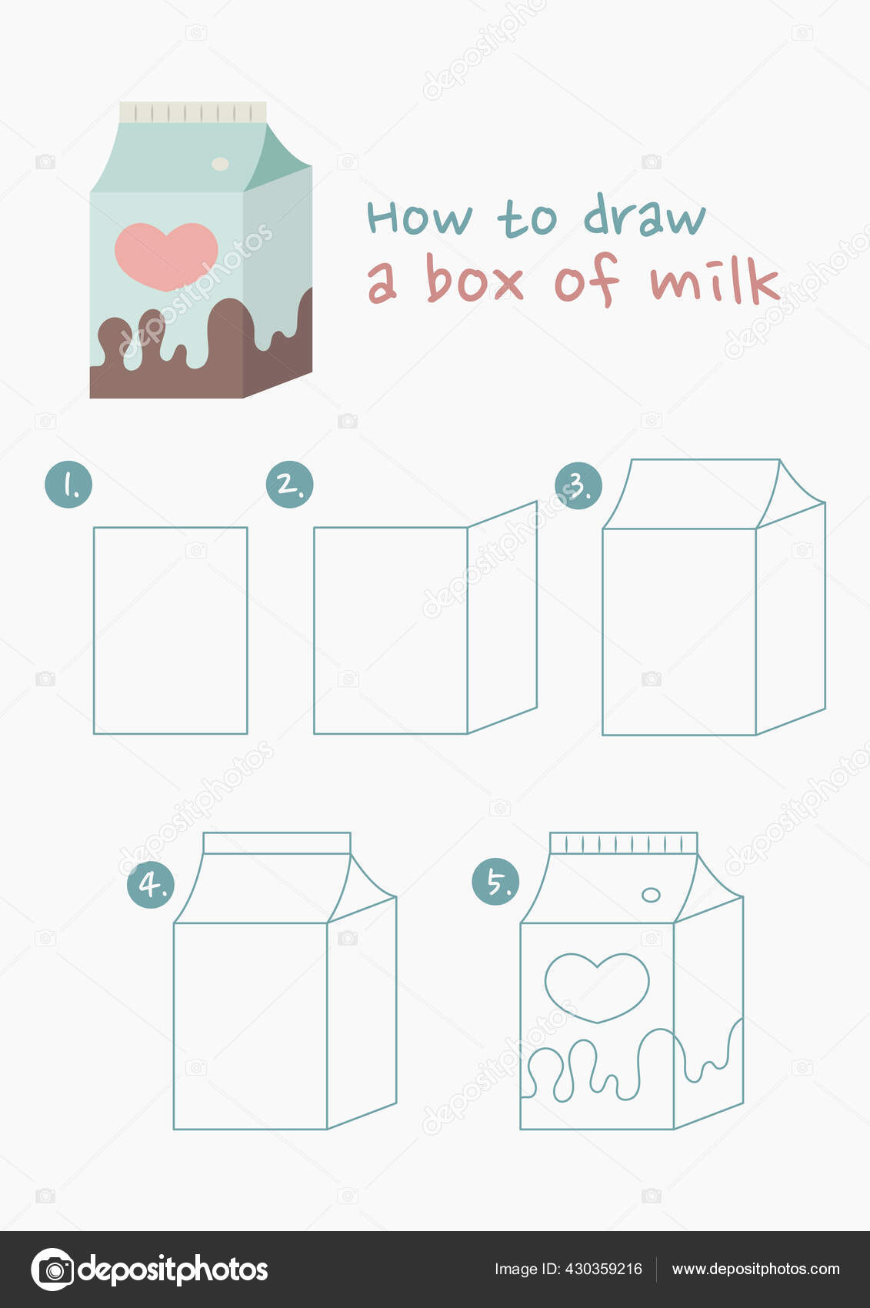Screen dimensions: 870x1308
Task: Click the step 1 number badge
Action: point(68,484)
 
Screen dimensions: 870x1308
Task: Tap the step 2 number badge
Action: point(289,484)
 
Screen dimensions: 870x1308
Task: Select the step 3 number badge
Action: point(578,485)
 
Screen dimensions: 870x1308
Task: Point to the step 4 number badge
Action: point(151,884)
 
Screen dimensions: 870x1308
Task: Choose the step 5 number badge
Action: point(495,881)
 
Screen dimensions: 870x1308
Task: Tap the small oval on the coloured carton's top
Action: point(220,163)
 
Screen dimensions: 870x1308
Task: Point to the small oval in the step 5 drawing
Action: point(651,895)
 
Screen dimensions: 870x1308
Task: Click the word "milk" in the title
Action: point(715,280)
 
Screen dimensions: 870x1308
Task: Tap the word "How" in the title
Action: point(419,217)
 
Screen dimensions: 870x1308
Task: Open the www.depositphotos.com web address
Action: point(755,1269)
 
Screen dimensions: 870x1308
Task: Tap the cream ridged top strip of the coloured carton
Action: point(193,112)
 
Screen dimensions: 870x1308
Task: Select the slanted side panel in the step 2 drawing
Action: point(502,617)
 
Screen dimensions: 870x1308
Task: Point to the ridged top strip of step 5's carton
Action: point(624,843)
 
